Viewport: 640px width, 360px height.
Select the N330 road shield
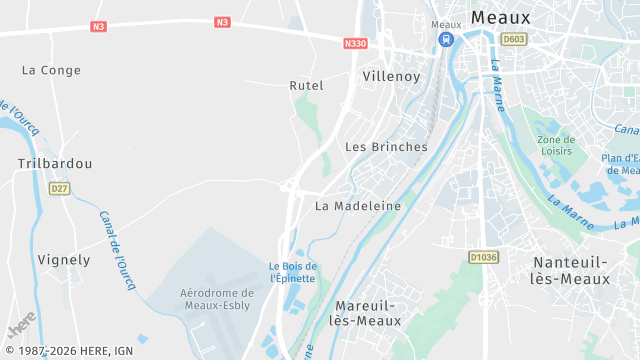[355, 43]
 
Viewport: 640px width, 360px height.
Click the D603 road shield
[514, 39]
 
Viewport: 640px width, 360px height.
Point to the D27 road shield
[60, 188]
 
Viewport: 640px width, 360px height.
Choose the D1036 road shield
[483, 257]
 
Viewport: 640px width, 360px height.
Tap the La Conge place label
[51, 70]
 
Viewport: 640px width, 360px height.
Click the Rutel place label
[306, 85]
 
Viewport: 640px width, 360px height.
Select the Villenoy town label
[392, 75]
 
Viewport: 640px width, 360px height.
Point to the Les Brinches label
[386, 146]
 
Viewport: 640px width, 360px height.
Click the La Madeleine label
[358, 205]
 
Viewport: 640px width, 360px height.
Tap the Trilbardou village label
[55, 162]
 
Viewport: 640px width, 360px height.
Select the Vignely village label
[64, 259]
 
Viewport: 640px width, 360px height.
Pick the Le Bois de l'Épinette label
[293, 272]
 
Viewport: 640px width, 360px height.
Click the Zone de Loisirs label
[555, 145]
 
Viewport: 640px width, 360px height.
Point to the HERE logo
[21, 327]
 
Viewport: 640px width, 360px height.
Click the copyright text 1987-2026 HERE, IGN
[69, 351]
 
